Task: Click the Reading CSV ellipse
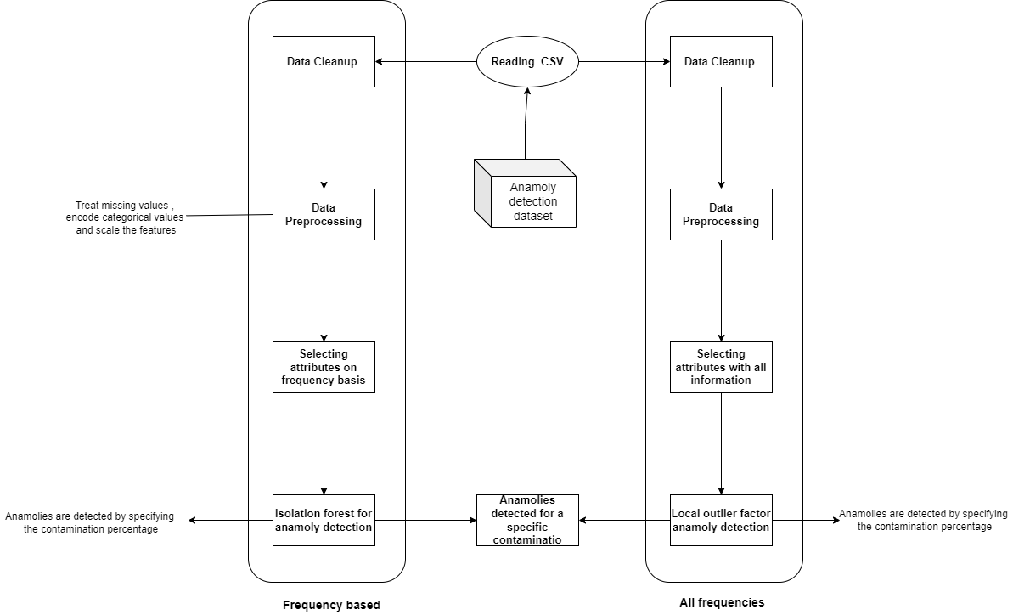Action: pyautogui.click(x=526, y=61)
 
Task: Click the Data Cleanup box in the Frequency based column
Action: pyautogui.click(x=324, y=61)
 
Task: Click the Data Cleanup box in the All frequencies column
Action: pyautogui.click(x=721, y=61)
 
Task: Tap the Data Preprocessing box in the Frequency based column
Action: pyautogui.click(x=324, y=214)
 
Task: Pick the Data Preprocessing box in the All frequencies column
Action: pyautogui.click(x=721, y=214)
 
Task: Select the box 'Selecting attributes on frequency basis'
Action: pyautogui.click(x=324, y=367)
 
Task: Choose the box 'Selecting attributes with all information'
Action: pyautogui.click(x=721, y=367)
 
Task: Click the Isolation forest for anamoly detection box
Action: pyautogui.click(x=324, y=520)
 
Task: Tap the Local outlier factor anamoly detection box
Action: pyautogui.click(x=721, y=520)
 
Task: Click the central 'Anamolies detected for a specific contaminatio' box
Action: pyautogui.click(x=526, y=520)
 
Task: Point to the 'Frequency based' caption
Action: pyautogui.click(x=331, y=605)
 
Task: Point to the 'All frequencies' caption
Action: pyautogui.click(x=722, y=602)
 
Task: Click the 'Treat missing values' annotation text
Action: pyautogui.click(x=125, y=217)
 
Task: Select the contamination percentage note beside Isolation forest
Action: pyautogui.click(x=89, y=522)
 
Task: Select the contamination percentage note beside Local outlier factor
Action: pyautogui.click(x=924, y=520)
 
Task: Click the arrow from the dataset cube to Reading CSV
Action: pyautogui.click(x=526, y=123)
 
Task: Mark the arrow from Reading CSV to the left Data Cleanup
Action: pyautogui.click(x=425, y=61)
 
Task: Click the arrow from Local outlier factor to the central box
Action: pyautogui.click(x=624, y=520)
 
